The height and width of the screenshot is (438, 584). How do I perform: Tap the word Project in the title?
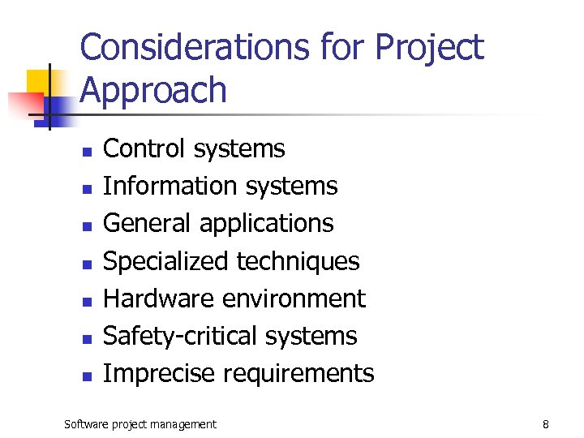click(x=429, y=49)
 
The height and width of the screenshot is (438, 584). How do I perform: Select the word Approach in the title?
click(x=153, y=91)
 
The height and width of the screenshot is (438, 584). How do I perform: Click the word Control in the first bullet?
click(x=143, y=148)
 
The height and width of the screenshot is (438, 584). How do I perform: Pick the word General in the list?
click(x=147, y=223)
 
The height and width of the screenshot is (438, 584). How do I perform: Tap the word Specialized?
click(x=166, y=261)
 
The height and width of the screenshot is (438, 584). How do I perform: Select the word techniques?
click(x=298, y=261)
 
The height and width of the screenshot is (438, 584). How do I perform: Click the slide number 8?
click(x=546, y=424)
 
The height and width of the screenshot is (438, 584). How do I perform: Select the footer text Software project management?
click(x=140, y=424)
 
